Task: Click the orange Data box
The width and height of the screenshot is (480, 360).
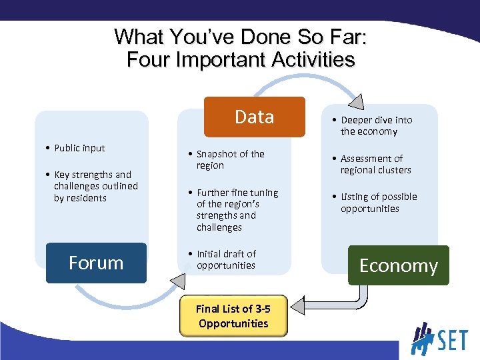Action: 254,117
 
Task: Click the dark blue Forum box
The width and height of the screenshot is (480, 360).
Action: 96,263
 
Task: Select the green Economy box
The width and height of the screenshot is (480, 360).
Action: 398,265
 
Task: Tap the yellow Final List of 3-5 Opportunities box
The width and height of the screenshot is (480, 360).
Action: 233,316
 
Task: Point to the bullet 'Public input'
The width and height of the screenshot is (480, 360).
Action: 79,148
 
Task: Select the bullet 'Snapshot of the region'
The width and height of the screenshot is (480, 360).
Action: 230,159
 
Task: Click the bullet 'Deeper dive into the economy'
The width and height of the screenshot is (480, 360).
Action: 376,125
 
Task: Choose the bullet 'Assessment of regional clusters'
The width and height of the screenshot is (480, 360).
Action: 375,164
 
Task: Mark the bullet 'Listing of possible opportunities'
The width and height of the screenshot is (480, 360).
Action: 378,203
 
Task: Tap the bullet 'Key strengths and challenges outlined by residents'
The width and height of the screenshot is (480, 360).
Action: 95,186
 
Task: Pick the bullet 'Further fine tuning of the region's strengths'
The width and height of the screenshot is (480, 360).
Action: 237,209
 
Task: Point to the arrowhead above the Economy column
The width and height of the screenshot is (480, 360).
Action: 356,101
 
